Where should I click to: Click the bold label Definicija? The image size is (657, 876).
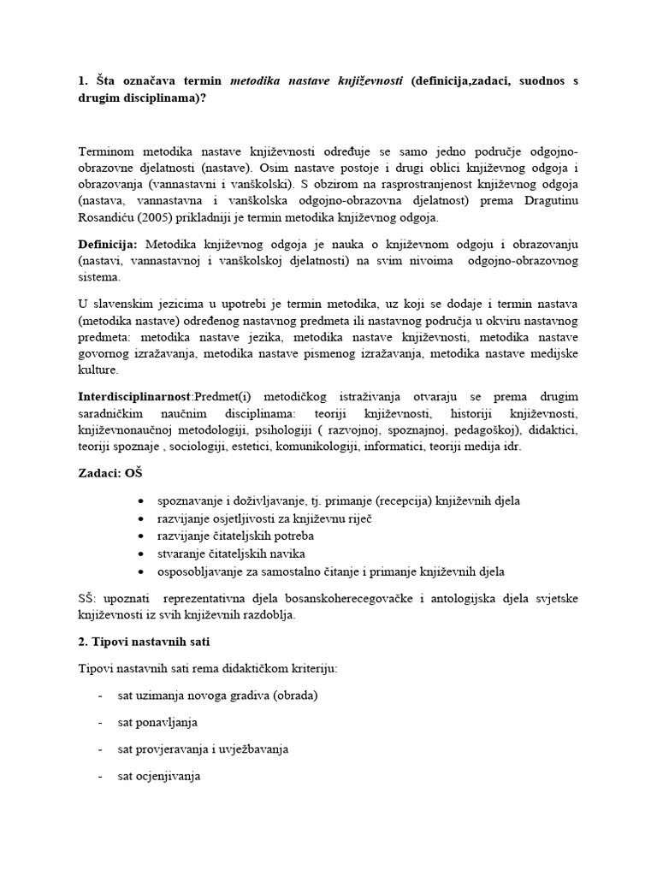coord(107,245)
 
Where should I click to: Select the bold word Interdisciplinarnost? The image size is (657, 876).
coord(134,396)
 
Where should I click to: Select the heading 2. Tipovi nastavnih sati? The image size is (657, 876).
coord(145,642)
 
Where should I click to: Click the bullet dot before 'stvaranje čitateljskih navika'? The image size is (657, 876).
coord(140,553)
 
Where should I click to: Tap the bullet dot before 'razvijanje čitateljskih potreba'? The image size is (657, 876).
coord(140,536)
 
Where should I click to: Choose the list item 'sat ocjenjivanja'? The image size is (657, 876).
coord(159,776)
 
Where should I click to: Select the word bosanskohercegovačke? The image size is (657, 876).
coord(376,599)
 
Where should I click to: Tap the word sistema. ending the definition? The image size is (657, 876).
coord(98,277)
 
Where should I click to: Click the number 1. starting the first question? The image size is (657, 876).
coord(83,80)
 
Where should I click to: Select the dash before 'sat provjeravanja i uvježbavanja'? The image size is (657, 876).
coord(101,749)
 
